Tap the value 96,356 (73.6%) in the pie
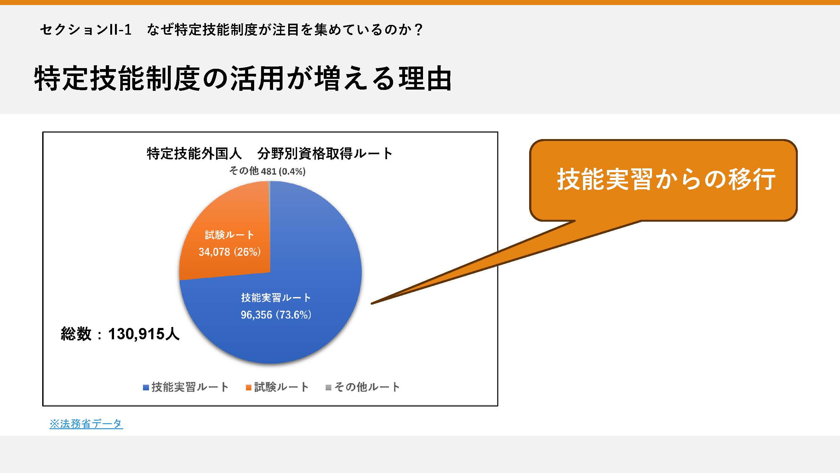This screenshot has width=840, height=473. pyautogui.click(x=276, y=315)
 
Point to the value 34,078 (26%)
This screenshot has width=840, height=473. pyautogui.click(x=230, y=252)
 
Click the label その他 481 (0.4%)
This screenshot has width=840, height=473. pyautogui.click(x=267, y=171)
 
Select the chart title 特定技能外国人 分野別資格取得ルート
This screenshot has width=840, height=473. pyautogui.click(x=269, y=154)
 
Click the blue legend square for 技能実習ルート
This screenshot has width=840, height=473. pyautogui.click(x=146, y=388)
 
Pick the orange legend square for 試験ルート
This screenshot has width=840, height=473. pyautogui.click(x=249, y=388)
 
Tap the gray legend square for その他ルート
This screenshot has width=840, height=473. pyautogui.click(x=329, y=388)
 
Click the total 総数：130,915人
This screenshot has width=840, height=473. pyautogui.click(x=120, y=334)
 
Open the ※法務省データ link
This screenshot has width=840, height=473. pyautogui.click(x=86, y=424)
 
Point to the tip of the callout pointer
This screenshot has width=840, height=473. pyautogui.click(x=371, y=304)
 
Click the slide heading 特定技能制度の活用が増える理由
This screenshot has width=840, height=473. pyautogui.click(x=243, y=78)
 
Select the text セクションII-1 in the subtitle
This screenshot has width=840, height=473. pyautogui.click(x=86, y=30)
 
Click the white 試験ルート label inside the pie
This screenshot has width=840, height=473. pyautogui.click(x=230, y=235)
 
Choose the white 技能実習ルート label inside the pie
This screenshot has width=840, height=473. pyautogui.click(x=276, y=297)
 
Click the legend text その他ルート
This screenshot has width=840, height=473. pyautogui.click(x=367, y=387)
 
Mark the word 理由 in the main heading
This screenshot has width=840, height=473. pyautogui.click(x=425, y=78)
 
